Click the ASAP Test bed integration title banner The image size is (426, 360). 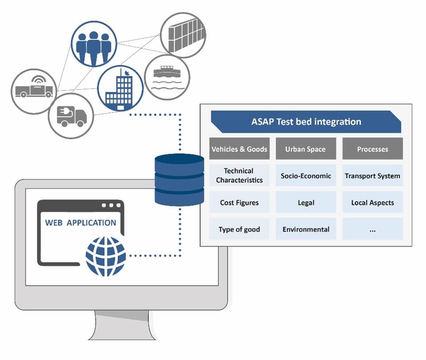point(306,122)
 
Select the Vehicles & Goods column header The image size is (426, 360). point(239,149)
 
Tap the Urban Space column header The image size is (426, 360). point(306,149)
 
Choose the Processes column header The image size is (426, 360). point(372,149)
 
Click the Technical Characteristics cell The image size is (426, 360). point(239,175)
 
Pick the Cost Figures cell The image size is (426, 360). point(239,202)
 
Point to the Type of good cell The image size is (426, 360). point(239,229)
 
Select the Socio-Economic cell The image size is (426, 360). point(306,175)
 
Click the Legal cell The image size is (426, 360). point(306,202)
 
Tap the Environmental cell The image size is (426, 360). point(306,229)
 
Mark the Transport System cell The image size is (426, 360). point(372,175)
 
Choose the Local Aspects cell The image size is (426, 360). point(372,202)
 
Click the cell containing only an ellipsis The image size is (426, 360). point(372,229)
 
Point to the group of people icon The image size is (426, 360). point(94,44)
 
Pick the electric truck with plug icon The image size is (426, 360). point(71,116)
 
